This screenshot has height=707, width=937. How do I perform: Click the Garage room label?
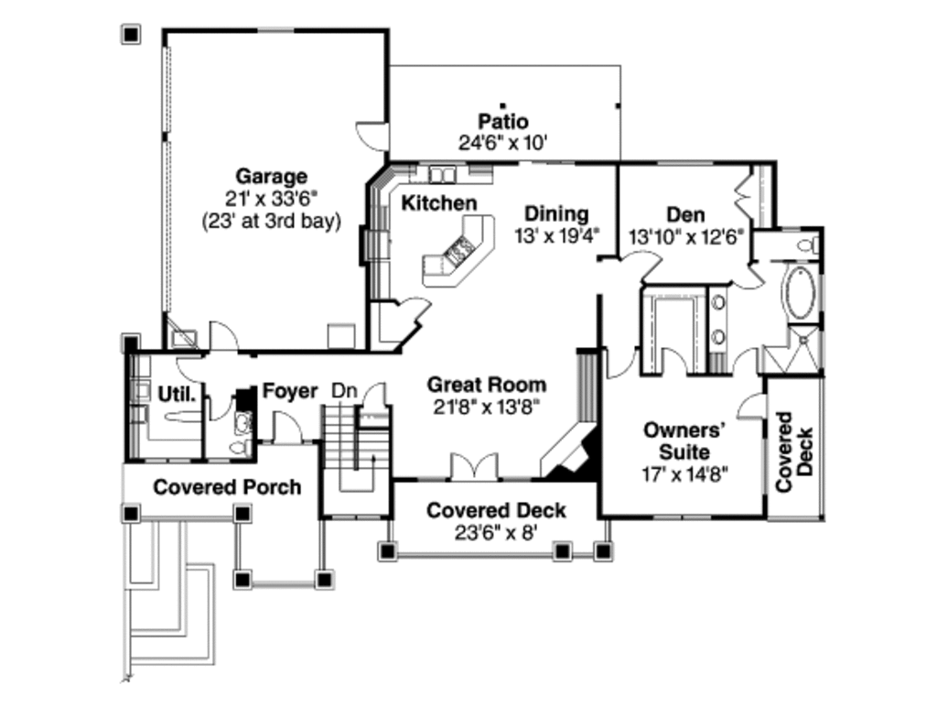tap(271, 176)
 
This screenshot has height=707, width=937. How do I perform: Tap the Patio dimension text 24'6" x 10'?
tap(502, 142)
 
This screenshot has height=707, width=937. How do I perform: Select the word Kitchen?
tap(439, 202)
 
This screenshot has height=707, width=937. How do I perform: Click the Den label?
tap(685, 214)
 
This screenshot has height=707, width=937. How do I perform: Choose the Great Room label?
tap(486, 385)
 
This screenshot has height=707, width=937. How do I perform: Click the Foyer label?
tap(290, 391)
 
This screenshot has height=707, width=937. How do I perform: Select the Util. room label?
tap(178, 395)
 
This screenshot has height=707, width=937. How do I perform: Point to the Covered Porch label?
tap(226, 486)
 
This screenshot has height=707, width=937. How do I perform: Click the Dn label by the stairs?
tap(343, 391)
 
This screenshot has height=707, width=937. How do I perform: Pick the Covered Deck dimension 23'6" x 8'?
tap(496, 532)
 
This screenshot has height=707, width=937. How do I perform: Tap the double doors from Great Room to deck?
tap(475, 466)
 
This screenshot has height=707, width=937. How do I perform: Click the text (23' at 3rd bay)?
tap(271, 220)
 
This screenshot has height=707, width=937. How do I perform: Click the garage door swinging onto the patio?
tap(373, 136)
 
